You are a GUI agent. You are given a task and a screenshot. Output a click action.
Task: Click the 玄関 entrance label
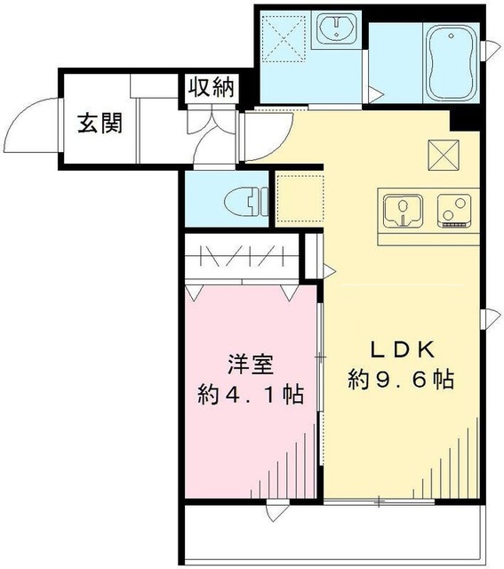point(100,123)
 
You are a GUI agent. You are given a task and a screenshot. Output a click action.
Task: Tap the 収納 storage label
point(212,87)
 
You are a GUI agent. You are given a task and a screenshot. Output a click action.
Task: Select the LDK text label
point(402,350)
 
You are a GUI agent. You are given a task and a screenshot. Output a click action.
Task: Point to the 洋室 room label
point(251,365)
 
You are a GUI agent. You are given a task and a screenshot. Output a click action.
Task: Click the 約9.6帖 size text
point(401,380)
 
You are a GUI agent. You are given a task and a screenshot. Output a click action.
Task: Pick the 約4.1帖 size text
point(251,395)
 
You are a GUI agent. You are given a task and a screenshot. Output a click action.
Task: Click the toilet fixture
point(246,202)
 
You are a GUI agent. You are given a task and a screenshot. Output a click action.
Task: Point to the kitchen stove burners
point(454,211)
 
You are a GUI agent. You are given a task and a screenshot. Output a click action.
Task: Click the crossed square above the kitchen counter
point(444,154)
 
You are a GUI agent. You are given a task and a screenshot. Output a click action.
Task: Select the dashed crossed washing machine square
point(284,38)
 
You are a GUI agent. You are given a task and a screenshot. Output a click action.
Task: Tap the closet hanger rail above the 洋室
point(242,256)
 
